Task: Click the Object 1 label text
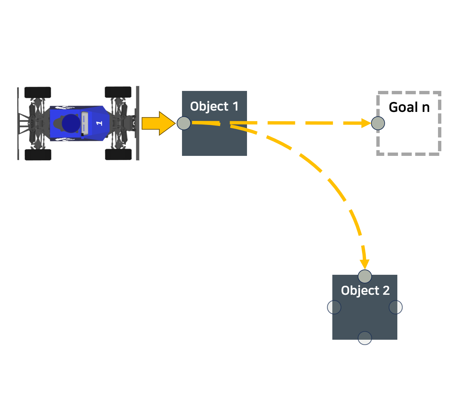click(x=214, y=107)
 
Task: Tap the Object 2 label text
click(x=365, y=291)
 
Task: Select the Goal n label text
click(x=409, y=108)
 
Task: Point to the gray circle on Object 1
click(x=184, y=123)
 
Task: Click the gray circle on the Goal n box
click(x=378, y=123)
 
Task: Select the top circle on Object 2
click(x=365, y=276)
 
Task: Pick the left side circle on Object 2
click(x=334, y=307)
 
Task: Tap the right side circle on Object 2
click(x=396, y=307)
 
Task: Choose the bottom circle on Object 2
click(x=365, y=338)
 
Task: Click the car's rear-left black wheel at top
click(x=38, y=92)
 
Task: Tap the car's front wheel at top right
click(x=118, y=92)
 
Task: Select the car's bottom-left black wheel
click(x=38, y=155)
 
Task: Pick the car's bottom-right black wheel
click(x=118, y=154)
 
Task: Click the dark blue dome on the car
click(x=71, y=123)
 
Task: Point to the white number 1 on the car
click(x=99, y=123)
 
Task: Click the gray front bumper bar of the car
click(x=137, y=123)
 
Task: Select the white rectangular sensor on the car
click(x=84, y=123)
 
